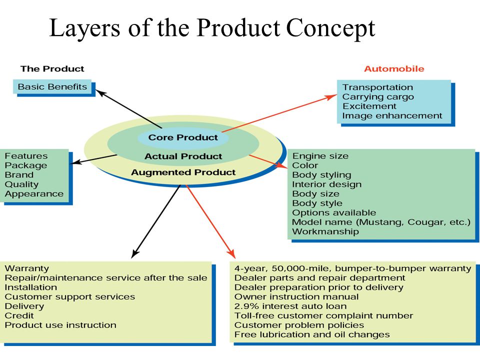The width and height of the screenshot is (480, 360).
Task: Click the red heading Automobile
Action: coord(394,68)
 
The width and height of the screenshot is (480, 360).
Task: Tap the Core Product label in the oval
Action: coord(183,137)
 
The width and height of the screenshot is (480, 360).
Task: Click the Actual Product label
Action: coord(183,156)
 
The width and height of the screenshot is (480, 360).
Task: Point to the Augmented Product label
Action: coord(183,172)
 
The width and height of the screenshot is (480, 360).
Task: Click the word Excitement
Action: coord(369,106)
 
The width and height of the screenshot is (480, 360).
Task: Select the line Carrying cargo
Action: coord(378,97)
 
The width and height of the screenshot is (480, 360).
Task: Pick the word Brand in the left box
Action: coord(19,175)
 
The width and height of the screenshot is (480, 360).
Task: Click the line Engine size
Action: coord(320,156)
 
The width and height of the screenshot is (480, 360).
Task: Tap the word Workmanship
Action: coord(325,231)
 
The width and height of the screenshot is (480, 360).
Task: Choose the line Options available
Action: coord(334,212)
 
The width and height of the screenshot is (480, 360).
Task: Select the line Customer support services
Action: coord(70,296)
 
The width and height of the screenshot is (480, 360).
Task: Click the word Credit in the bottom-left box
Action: coord(19,315)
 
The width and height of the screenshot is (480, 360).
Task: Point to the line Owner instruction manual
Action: coord(296,296)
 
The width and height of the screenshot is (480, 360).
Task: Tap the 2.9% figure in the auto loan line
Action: coord(247,306)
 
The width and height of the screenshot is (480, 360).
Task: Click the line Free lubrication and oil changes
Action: coord(312,334)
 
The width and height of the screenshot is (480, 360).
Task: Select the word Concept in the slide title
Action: coord(330,28)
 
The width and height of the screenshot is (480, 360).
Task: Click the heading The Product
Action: coord(52,68)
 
